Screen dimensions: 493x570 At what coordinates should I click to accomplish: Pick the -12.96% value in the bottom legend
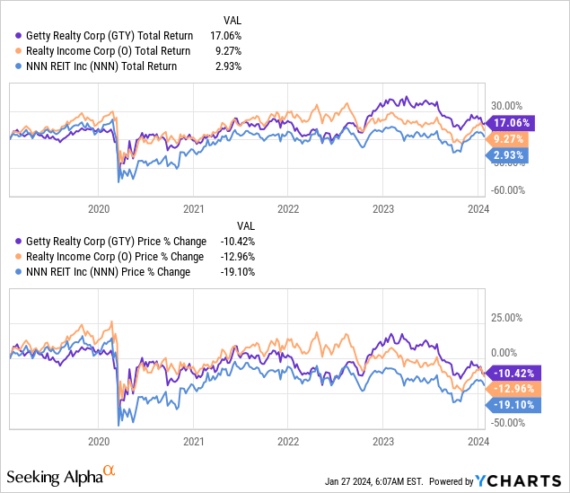click(238, 257)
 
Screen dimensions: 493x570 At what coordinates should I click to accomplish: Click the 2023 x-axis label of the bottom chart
click(383, 442)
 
